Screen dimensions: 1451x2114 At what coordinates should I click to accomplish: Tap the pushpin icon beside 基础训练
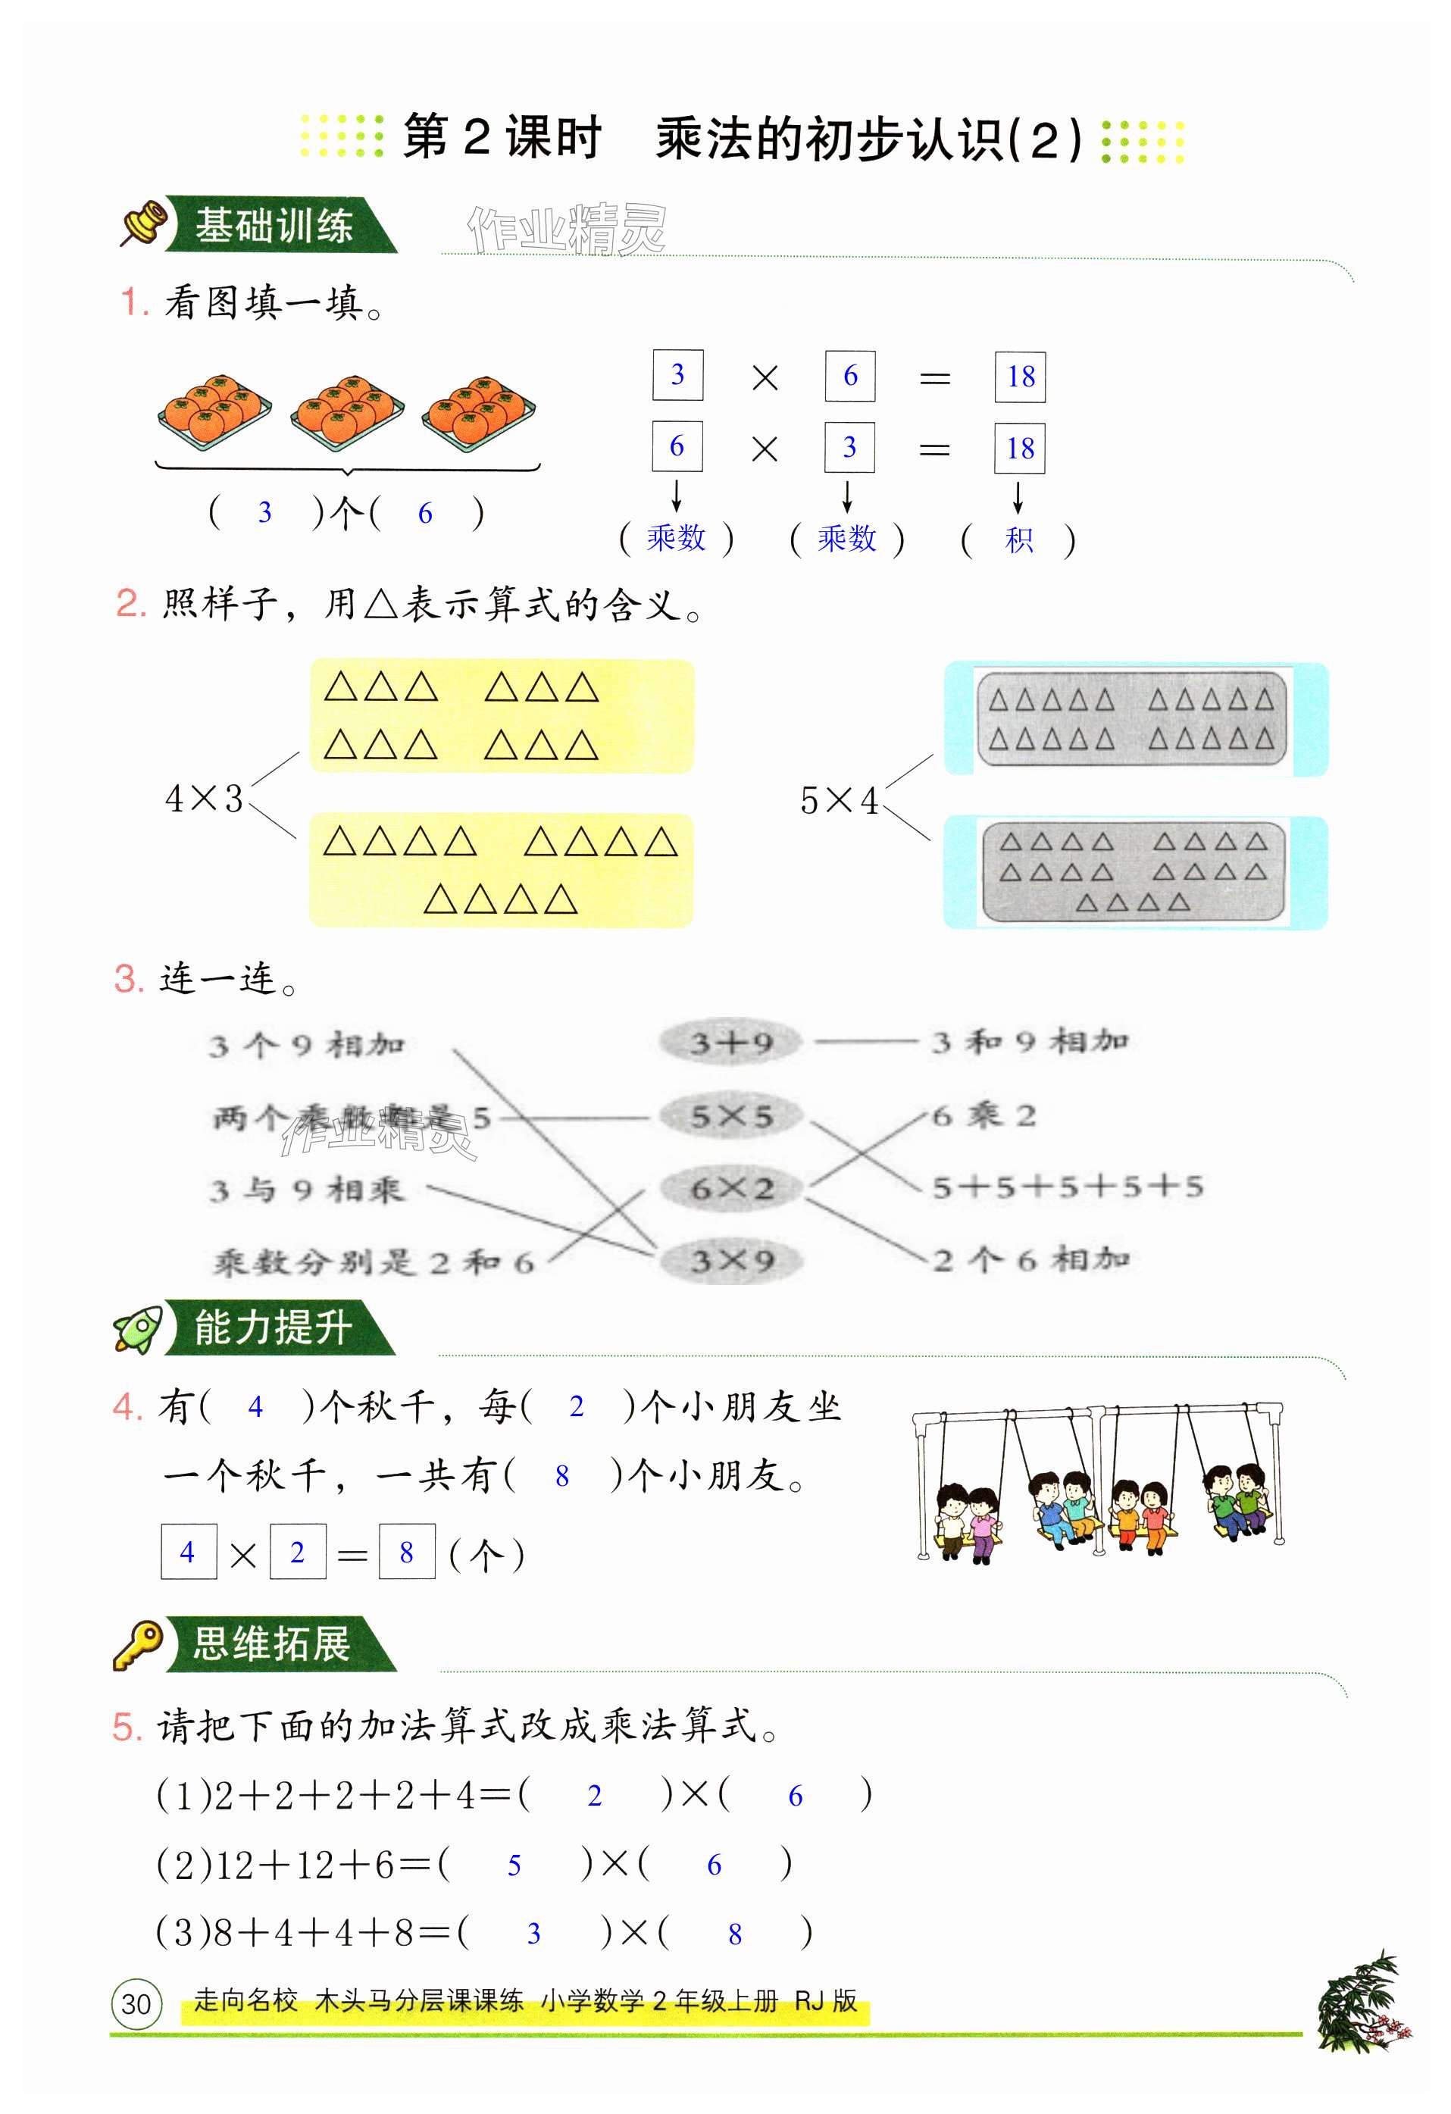[x=145, y=223]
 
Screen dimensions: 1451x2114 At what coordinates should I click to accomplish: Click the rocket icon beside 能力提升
[x=138, y=1329]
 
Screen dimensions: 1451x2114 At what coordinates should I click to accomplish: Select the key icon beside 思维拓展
[x=137, y=1643]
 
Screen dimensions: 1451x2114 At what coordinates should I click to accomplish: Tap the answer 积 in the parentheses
[x=1018, y=539]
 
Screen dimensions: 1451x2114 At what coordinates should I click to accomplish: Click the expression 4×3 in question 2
[x=204, y=799]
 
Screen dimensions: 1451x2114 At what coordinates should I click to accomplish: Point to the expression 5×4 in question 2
[x=838, y=800]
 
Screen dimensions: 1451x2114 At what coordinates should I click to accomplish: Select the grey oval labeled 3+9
[x=730, y=1043]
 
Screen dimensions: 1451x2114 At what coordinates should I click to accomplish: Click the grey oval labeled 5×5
[x=730, y=1115]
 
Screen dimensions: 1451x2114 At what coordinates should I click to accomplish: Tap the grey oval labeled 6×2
[x=730, y=1188]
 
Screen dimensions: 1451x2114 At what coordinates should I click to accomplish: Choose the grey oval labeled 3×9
[x=730, y=1261]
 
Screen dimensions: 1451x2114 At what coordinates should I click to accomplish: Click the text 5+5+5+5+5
[x=1067, y=1186]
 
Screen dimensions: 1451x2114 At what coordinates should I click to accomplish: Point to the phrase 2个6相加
[x=1030, y=1260]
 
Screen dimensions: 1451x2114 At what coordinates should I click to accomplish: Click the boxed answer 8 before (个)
[x=407, y=1552]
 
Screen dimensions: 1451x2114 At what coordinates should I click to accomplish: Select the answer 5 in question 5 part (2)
[x=514, y=1865]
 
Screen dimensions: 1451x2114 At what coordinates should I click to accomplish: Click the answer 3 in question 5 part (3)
[x=534, y=1934]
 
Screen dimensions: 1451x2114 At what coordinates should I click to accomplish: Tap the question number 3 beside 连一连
[x=128, y=980]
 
